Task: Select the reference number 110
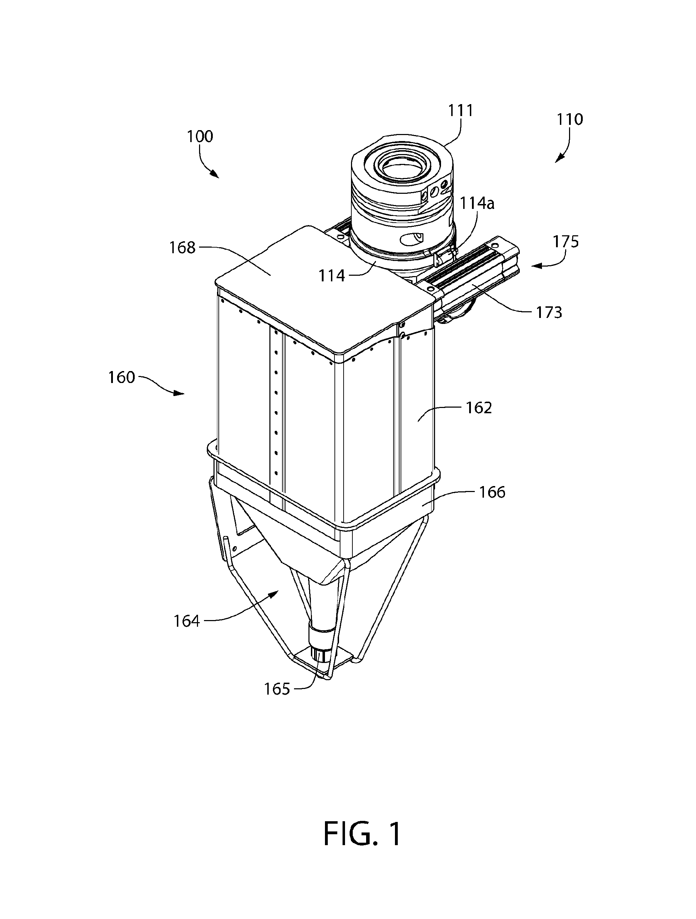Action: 570,119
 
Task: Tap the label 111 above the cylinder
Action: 460,110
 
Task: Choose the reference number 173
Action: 549,312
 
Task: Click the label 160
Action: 121,377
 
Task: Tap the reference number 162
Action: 479,408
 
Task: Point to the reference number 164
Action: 186,621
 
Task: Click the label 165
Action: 277,689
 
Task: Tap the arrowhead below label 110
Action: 559,158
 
